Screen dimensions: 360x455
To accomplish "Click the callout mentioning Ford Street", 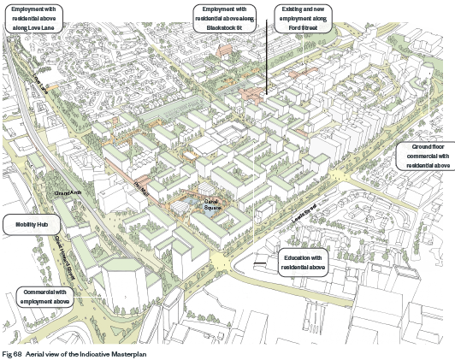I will coord(304,17).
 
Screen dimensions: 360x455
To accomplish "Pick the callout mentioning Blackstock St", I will coord(225,17).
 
